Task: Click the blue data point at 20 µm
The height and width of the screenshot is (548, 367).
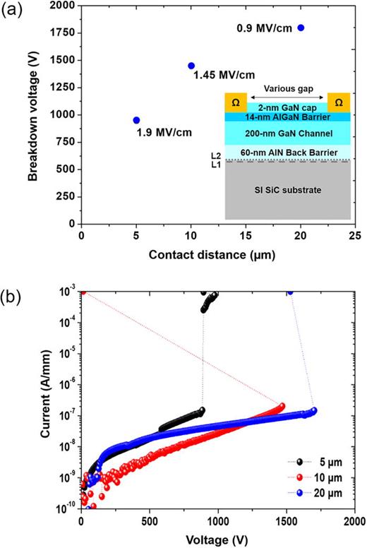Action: (x=301, y=28)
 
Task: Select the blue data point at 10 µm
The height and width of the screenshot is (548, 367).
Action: (x=191, y=66)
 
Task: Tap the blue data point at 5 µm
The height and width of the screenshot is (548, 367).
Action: (x=136, y=120)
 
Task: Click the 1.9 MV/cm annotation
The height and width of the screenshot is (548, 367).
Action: (x=164, y=132)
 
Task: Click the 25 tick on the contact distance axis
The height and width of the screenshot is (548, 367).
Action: (x=356, y=235)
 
